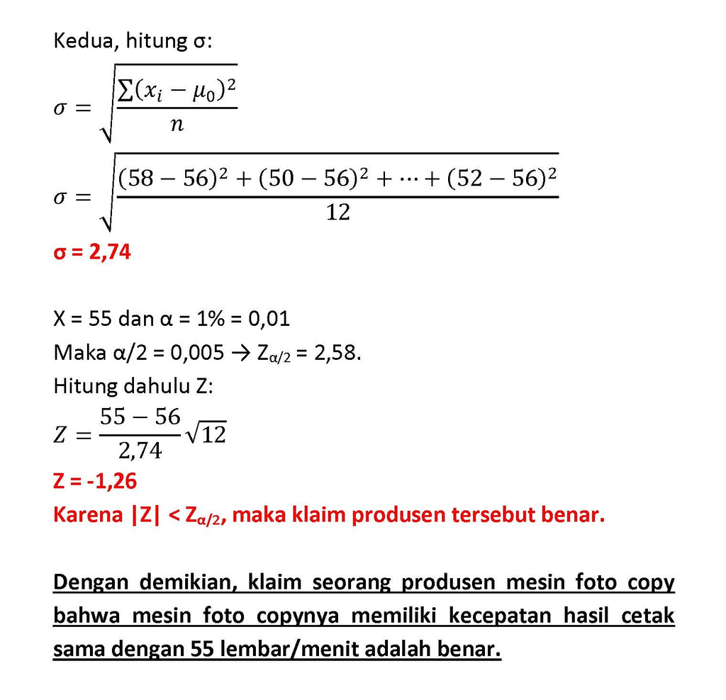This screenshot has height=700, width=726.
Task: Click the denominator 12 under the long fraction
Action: [x=337, y=212]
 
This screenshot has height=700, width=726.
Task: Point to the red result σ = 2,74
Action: [x=92, y=252]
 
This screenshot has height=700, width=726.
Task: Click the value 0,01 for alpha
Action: [x=268, y=319]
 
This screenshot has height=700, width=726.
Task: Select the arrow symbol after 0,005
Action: [x=241, y=352]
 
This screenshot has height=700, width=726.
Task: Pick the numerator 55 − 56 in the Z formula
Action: [x=140, y=417]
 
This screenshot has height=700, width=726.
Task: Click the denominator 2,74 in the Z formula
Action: [x=140, y=449]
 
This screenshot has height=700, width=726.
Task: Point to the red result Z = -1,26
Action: [x=95, y=482]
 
